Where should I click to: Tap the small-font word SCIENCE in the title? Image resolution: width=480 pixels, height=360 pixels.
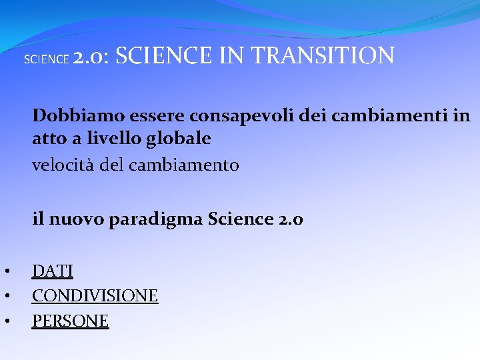46,59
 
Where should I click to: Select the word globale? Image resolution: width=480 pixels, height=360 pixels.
180,139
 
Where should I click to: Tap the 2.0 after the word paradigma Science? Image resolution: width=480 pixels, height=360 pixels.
289,219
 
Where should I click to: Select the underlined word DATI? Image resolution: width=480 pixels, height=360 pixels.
53,271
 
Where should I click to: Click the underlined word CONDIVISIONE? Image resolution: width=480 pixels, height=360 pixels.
95,295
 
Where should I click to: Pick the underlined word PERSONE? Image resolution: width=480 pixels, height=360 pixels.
70,321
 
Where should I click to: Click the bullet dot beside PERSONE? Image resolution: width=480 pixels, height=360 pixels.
5,321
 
